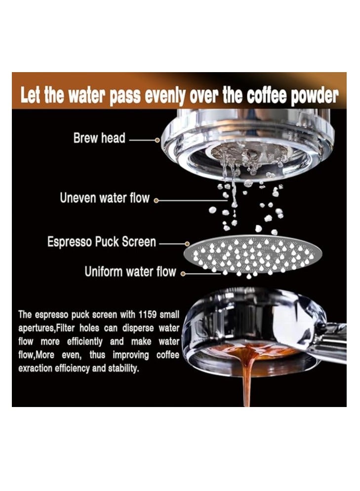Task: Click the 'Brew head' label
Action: point(99,138)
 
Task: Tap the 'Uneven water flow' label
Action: point(104,199)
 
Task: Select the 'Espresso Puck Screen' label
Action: point(101,242)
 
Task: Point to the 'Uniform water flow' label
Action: point(130,271)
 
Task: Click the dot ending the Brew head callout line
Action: point(157,140)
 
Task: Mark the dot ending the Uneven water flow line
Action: point(156,201)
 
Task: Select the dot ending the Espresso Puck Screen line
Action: point(187,244)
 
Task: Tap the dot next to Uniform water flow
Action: point(183,273)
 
